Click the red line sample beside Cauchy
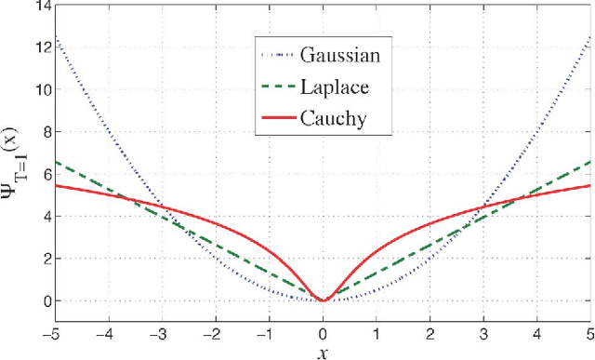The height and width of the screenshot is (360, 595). (x=276, y=116)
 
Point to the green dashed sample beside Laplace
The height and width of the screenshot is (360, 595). (x=276, y=85)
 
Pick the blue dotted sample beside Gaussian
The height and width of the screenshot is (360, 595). (x=276, y=54)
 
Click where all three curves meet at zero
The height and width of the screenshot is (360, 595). (x=324, y=300)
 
